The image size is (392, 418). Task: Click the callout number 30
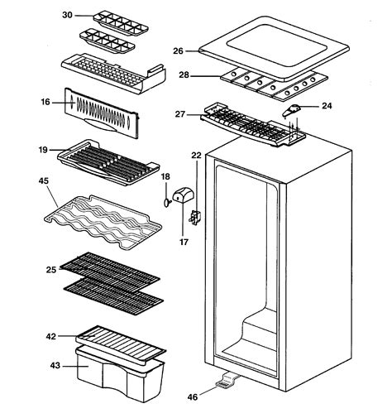(67, 15)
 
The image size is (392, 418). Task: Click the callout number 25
(51, 269)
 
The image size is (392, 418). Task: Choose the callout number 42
(50, 337)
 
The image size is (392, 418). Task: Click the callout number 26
(178, 50)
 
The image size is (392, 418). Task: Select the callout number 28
(184, 75)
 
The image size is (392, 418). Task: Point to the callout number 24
(327, 106)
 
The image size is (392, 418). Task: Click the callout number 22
(197, 155)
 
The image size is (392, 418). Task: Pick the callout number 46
(193, 397)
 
